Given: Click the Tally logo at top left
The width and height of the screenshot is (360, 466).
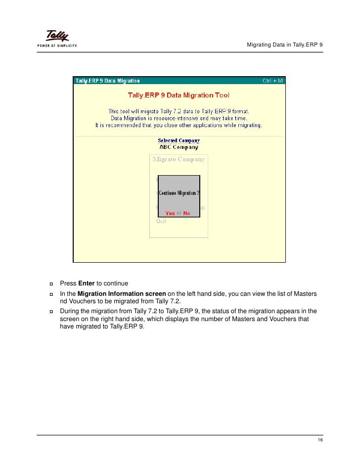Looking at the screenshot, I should point(57,36).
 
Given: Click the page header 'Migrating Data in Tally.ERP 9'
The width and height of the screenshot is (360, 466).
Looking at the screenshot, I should point(284,46).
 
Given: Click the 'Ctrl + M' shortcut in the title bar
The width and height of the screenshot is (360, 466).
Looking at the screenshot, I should point(272,81).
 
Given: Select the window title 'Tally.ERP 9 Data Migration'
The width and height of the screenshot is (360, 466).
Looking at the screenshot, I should point(107,81).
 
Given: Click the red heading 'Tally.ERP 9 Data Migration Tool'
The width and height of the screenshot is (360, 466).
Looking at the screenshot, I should point(179,95).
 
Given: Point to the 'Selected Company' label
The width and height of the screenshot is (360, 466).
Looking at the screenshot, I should point(179,140).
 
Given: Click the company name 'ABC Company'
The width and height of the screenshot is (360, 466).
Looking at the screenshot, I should point(179,147).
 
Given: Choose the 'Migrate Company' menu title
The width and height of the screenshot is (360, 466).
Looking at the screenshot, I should point(179,159).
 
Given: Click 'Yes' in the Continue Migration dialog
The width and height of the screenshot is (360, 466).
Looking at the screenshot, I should point(170,213).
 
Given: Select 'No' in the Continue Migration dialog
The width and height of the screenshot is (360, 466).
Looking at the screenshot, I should point(186,213).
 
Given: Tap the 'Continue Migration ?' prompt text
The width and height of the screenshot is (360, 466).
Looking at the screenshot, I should point(179,193).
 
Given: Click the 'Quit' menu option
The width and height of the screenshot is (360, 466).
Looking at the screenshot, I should point(161,221).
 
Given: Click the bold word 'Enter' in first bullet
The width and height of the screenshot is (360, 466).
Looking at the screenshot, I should point(87,283).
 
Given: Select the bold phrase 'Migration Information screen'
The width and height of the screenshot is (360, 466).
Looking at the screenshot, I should point(122,294).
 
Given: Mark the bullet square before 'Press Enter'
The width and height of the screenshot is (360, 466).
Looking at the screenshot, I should point(51,284).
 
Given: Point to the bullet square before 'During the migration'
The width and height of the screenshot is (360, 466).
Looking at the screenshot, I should point(51,312).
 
